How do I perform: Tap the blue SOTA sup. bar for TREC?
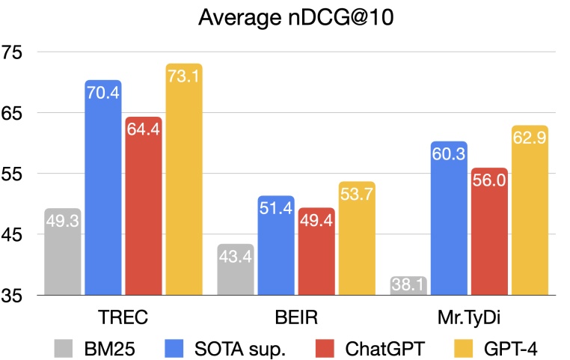[103, 187]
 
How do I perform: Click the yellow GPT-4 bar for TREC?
[184, 180]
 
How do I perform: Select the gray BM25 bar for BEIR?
[236, 269]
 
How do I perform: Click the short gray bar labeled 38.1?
[408, 285]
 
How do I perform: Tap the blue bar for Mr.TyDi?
[449, 218]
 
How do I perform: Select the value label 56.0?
[489, 180]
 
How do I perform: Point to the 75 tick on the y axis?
[14, 52]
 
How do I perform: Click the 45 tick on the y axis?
[14, 234]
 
